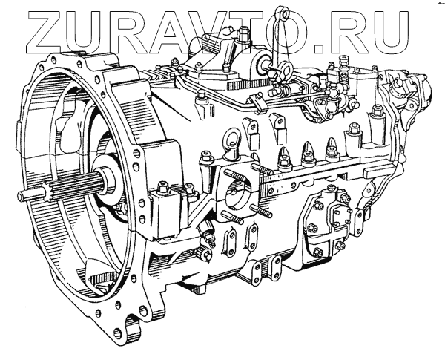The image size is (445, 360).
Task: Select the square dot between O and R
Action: pyautogui.click(x=319, y=48)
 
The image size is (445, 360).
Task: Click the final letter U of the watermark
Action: pyautogui.click(x=389, y=32)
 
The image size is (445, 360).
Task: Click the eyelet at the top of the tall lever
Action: pyautogui.click(x=283, y=13)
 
